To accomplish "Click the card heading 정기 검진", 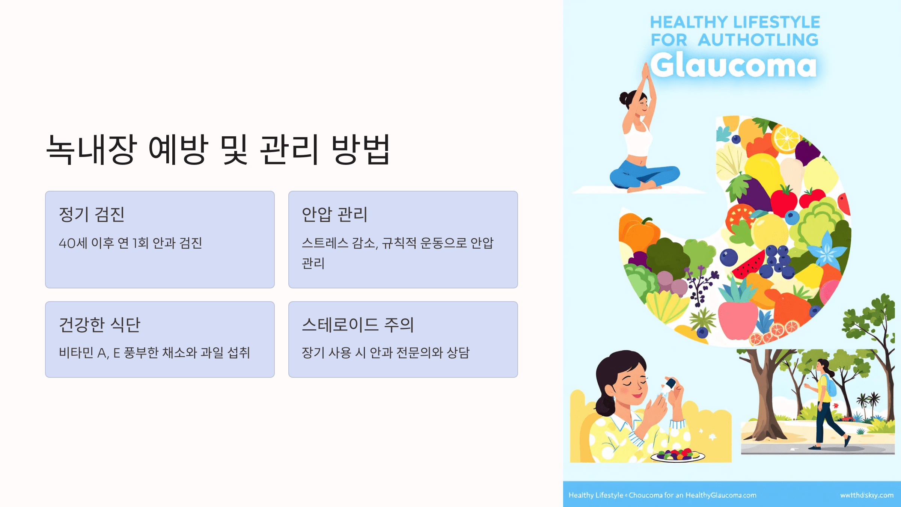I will [x=92, y=214].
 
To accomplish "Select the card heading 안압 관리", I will [x=334, y=214].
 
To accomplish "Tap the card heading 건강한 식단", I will [x=99, y=325].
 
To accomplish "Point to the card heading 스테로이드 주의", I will [x=358, y=325].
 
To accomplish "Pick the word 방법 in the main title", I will [x=361, y=150].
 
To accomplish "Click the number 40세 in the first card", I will [x=73, y=243].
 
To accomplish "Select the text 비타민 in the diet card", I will [x=76, y=353].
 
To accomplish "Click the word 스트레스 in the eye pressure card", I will [x=325, y=243].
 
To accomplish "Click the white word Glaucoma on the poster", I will [x=733, y=65].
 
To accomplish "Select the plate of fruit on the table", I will [x=678, y=456].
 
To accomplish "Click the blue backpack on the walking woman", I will [x=830, y=385].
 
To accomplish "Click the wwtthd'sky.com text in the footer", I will [x=866, y=495].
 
